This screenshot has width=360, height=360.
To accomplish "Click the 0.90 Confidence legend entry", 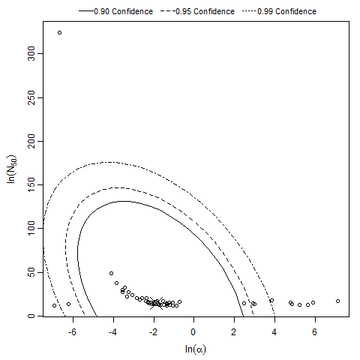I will (124, 12).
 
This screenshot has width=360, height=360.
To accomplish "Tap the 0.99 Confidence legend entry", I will (286, 12).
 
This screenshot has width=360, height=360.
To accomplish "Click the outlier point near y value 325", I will (59, 33).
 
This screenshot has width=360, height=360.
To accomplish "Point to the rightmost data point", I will (338, 301).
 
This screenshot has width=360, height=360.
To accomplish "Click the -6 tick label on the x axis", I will (71, 331).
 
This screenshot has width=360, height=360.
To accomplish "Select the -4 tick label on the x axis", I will (112, 331).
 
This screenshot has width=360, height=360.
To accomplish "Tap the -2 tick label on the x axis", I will (152, 331).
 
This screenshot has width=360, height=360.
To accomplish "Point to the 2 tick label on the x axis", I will (235, 331).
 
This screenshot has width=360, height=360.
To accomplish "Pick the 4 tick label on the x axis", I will (275, 331).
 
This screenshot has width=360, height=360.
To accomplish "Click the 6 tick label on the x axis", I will (316, 331).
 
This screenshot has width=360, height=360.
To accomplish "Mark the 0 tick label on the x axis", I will (194, 331).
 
